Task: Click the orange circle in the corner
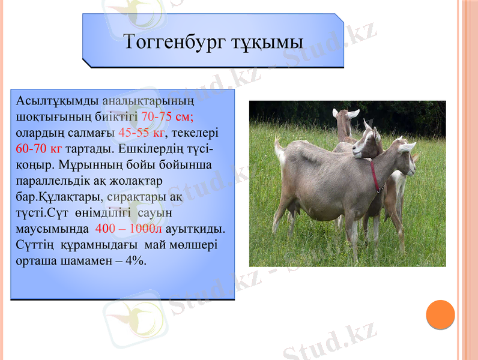[x=440, y=314]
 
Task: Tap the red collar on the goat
[x=375, y=176]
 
